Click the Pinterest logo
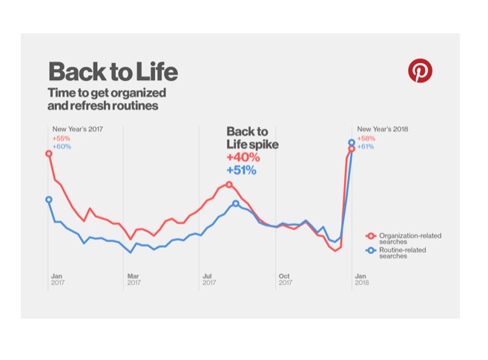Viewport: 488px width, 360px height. (x=420, y=71)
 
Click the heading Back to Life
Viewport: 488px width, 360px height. (x=113, y=72)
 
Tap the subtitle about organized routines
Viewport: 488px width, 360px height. (x=107, y=99)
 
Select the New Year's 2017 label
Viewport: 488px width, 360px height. (x=77, y=129)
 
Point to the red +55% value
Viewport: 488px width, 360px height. (x=61, y=138)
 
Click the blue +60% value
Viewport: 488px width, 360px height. (x=62, y=146)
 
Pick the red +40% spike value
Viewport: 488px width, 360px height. (x=243, y=157)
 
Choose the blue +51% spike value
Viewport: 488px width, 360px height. (x=242, y=170)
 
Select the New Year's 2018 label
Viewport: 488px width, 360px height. (x=383, y=129)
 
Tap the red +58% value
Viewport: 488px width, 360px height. (x=366, y=138)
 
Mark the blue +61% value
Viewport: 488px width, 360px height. (x=366, y=146)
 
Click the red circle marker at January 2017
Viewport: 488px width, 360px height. (x=49, y=154)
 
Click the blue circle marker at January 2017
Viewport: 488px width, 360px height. (x=49, y=199)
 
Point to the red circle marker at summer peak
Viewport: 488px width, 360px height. (x=229, y=184)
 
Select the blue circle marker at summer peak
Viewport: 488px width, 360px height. (x=236, y=203)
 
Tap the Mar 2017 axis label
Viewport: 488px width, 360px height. (x=133, y=279)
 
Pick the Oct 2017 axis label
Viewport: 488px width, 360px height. (x=285, y=279)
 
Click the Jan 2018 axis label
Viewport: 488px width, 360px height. (x=361, y=279)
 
